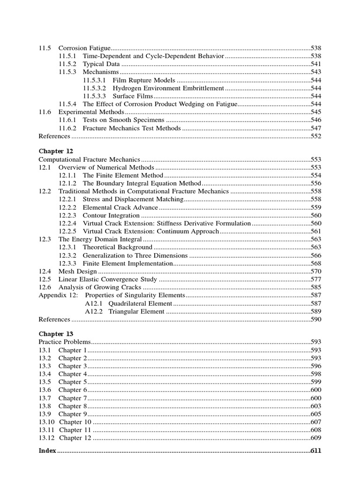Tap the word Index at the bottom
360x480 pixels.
(x=47, y=450)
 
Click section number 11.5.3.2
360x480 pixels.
(x=94, y=88)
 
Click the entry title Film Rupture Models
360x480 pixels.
(x=144, y=80)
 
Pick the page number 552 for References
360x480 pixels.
(x=316, y=136)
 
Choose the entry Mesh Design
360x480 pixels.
(x=77, y=271)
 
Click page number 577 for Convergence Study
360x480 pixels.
(x=316, y=279)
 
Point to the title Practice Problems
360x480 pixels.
(x=64, y=342)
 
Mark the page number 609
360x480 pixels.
(x=316, y=438)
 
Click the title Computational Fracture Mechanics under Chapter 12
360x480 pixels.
(x=90, y=159)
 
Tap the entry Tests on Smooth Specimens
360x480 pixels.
(x=124, y=120)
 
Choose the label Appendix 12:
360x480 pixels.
(x=57, y=295)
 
